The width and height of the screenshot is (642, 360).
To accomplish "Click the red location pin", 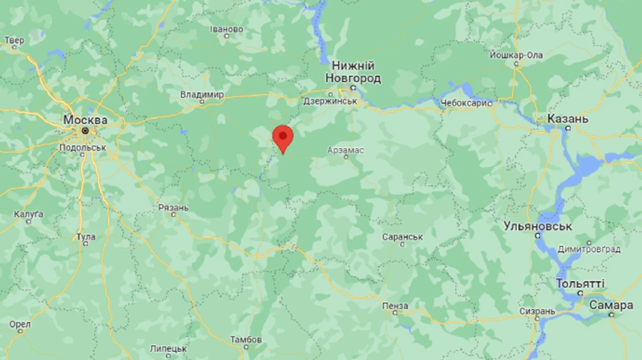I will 283,136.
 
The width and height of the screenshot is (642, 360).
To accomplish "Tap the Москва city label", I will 85,119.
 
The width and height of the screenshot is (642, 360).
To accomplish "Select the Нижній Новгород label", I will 352,71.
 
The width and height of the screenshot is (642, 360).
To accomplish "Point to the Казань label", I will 568,118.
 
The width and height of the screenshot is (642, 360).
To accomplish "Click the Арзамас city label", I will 345,149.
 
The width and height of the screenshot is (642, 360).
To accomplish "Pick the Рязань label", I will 173,208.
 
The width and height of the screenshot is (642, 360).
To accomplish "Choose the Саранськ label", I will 402,236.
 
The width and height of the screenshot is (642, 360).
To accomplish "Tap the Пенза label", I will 395,306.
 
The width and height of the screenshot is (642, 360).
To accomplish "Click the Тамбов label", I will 245,339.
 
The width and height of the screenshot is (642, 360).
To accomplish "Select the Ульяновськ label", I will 539,226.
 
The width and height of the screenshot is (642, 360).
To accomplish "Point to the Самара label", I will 611,305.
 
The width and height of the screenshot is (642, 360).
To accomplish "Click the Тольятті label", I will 580,284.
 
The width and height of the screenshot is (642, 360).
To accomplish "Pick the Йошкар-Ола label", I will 516,55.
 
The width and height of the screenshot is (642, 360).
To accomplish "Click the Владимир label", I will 202,94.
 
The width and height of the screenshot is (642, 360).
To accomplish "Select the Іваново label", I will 227,29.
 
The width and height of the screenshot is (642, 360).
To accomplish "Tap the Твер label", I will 14,41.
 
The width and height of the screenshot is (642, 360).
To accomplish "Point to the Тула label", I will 86,236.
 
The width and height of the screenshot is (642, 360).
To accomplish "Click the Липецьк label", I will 168,349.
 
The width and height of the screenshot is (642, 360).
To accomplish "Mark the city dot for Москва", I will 85,130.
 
